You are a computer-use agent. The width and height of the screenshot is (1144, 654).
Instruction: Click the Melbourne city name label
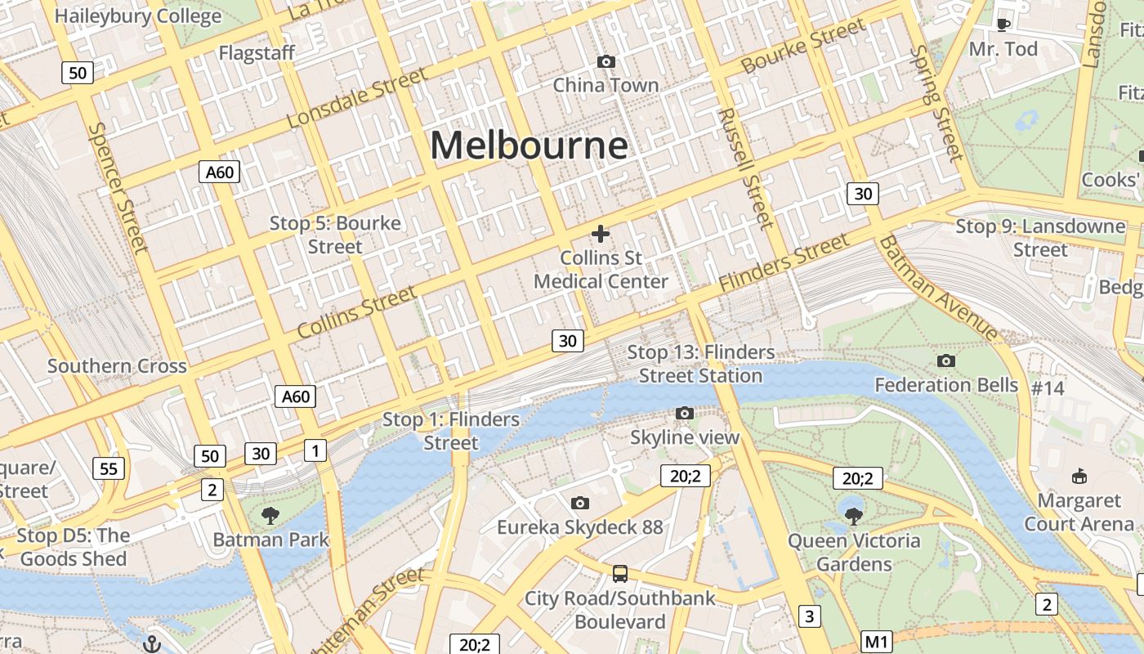[x=529, y=146]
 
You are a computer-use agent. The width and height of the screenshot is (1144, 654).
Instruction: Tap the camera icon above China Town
[x=606, y=61]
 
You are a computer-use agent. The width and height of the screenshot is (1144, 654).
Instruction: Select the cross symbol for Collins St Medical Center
[x=601, y=234]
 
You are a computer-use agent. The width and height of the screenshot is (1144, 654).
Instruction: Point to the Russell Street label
[x=744, y=168]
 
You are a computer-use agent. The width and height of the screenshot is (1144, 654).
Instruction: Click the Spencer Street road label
[x=118, y=187]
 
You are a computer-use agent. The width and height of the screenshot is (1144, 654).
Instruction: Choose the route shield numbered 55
[x=109, y=468]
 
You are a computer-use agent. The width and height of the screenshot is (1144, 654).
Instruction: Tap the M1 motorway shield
[x=877, y=642]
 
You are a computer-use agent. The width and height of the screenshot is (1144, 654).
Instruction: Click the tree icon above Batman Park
[x=270, y=515]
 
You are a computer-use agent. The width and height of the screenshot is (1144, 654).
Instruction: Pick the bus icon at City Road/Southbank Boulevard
[x=620, y=573]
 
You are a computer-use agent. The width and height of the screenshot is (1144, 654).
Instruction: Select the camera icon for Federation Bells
[x=946, y=361]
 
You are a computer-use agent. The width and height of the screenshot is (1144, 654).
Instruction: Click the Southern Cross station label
[x=117, y=366]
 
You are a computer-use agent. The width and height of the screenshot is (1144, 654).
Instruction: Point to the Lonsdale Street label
[x=357, y=98]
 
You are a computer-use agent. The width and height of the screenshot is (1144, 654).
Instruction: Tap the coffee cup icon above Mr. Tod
[x=1003, y=24]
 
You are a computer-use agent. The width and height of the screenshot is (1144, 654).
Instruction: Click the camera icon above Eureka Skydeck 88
[x=580, y=503]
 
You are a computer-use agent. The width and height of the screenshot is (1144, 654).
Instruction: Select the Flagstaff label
[x=257, y=53]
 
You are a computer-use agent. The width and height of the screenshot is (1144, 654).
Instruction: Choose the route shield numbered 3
[x=809, y=616]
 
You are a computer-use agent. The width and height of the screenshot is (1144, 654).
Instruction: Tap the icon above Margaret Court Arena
[x=1079, y=476]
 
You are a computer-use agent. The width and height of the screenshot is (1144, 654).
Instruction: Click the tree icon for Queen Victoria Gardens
[x=854, y=516]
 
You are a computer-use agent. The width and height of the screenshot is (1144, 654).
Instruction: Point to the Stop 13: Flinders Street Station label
[x=701, y=364]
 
